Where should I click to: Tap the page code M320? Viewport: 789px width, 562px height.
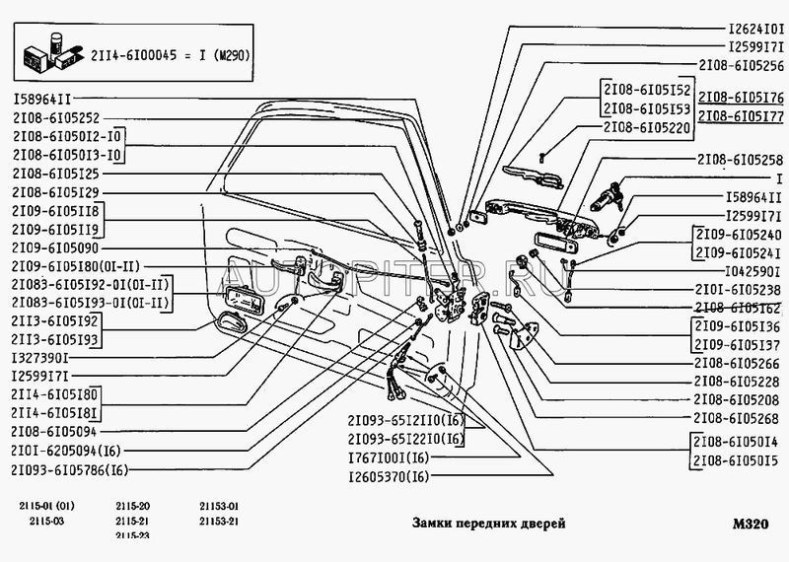coord(751,526)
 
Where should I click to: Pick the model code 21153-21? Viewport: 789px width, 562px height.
coord(220,522)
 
